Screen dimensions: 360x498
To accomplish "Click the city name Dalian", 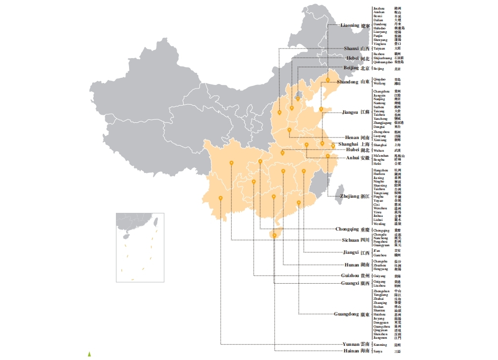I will coord(379,20).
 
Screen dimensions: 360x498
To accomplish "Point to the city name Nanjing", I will coord(379,99).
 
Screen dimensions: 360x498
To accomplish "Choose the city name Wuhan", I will coord(379,151).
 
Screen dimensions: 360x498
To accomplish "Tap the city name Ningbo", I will coord(379,182).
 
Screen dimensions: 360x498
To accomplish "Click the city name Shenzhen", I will coord(381,334).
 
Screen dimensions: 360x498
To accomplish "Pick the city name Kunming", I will coord(380,345).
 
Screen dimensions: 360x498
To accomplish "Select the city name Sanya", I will coord(378,351).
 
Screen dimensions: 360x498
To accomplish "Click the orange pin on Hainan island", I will coord(274,235).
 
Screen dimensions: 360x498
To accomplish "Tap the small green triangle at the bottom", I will coord(90,353).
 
